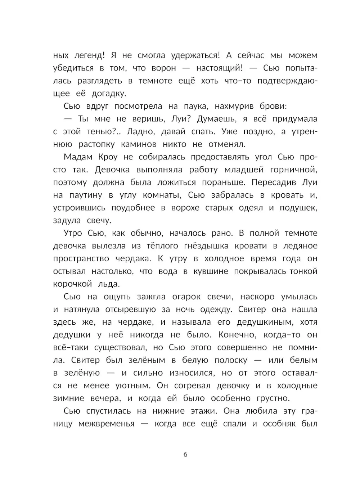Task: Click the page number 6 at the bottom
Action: click(185, 454)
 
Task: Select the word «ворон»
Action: click(164, 68)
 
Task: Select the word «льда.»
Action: click(108, 284)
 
